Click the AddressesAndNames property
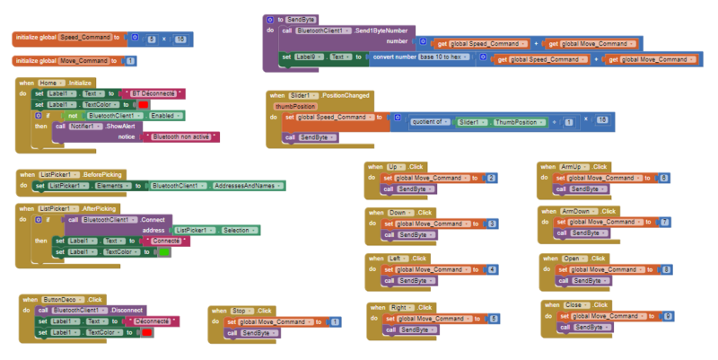coord(248,186)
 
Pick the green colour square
coord(164,252)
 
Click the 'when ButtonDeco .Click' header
coord(63,299)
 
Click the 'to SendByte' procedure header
coord(295,19)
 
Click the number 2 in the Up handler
coord(490,178)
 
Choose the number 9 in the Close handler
coord(665,316)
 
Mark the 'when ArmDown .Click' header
coord(574,211)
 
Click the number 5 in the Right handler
coord(494,319)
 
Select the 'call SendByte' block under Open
coord(589,281)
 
